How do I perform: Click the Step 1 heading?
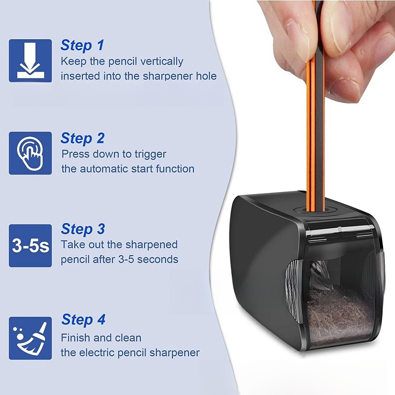[x=82, y=45]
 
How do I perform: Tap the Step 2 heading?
[x=82, y=138]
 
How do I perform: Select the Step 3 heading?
[x=83, y=229]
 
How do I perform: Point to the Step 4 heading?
[x=83, y=319]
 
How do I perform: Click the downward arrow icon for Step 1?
[x=31, y=60]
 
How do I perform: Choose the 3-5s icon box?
[x=31, y=246]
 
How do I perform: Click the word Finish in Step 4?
[x=76, y=338]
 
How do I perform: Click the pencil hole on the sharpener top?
[x=316, y=210]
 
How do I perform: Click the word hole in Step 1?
[x=206, y=76]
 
